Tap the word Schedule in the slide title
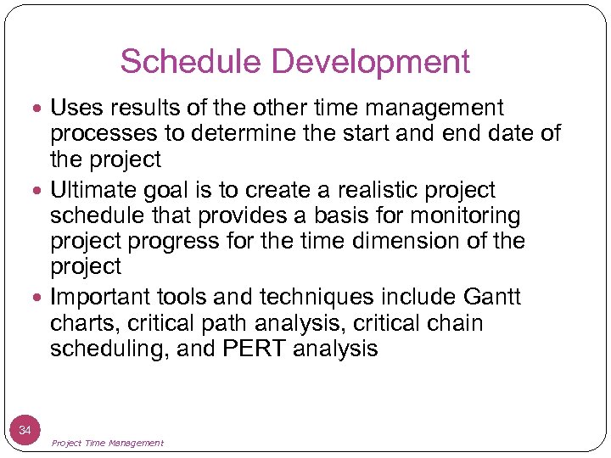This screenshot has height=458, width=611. (193, 62)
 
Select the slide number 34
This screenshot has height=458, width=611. (25, 431)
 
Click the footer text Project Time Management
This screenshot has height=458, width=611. (108, 443)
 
